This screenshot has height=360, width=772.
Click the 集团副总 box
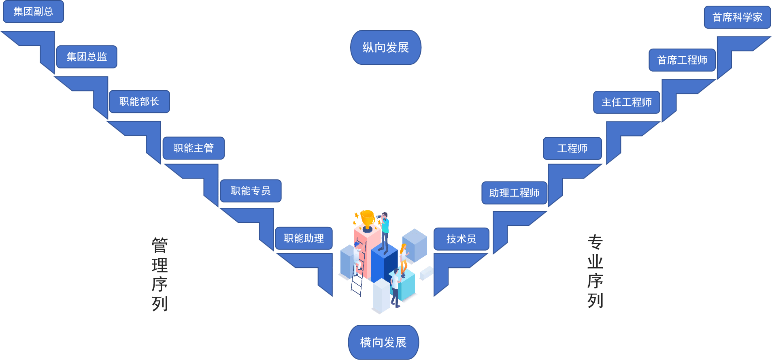(33, 11)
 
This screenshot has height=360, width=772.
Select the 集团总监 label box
(87, 57)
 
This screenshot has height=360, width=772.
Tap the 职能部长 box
(139, 101)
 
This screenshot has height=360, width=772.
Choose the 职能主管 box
(194, 148)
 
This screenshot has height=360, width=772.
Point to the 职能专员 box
(251, 191)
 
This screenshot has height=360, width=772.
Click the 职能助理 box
(304, 238)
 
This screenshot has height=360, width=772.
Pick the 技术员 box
(461, 239)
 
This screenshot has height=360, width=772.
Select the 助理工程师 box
(514, 193)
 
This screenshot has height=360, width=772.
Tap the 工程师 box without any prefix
(572, 148)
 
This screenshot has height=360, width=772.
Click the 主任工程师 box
(626, 102)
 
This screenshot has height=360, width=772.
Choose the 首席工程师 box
(682, 60)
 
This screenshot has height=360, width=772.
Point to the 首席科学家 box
(737, 17)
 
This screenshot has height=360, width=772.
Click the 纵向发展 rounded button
(386, 47)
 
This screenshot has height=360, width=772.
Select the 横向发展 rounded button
(383, 342)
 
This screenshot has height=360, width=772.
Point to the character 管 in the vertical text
(160, 245)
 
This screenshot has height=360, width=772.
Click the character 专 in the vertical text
(595, 242)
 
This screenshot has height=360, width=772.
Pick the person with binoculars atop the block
(384, 231)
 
